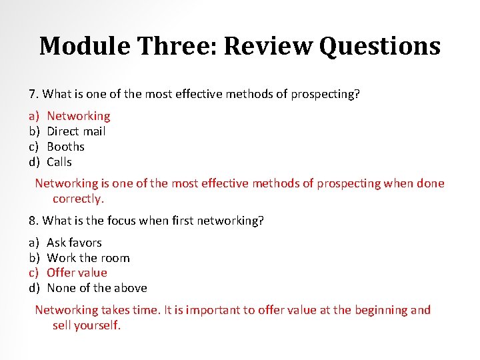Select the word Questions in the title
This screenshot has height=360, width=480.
(379, 46)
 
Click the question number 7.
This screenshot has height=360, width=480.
(33, 94)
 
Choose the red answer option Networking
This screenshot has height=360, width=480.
(78, 116)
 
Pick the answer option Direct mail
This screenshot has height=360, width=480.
(76, 131)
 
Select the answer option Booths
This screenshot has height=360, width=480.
(65, 147)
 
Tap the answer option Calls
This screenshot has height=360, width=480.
(59, 162)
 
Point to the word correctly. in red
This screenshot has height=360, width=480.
(79, 199)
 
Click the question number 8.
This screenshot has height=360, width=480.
(33, 221)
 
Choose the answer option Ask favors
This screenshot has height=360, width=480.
(74, 243)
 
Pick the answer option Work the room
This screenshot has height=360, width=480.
(88, 258)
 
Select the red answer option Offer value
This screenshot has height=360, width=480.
(77, 273)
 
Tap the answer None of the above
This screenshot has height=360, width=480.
(97, 288)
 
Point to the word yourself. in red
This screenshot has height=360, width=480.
(97, 326)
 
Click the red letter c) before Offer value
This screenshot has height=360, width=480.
(34, 273)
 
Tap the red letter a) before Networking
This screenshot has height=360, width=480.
(34, 116)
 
